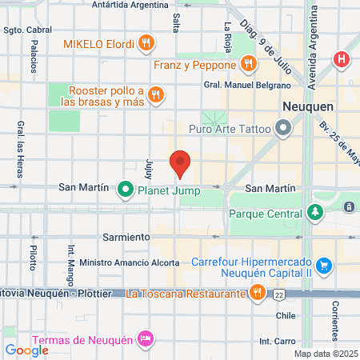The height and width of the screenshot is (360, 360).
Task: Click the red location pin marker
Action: point(181,163)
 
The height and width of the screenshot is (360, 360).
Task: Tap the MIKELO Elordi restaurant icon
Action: point(146,42)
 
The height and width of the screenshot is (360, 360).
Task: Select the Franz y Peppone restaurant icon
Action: point(249,62)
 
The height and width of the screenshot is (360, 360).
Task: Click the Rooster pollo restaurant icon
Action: point(156,96)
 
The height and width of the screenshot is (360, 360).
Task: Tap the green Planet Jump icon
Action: point(125,190)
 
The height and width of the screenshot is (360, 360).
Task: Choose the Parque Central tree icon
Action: point(316,213)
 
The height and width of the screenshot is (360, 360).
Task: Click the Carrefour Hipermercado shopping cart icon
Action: point(324,265)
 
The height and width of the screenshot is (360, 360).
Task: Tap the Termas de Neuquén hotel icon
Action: point(145,338)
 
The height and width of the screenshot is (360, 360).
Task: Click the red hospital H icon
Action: point(342,58)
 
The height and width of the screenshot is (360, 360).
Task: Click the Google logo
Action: point(26,350)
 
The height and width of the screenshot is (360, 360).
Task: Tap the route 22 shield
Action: point(278,294)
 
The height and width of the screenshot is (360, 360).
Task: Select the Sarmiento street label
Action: point(126,238)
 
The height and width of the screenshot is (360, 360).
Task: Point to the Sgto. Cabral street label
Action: point(23,30)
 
